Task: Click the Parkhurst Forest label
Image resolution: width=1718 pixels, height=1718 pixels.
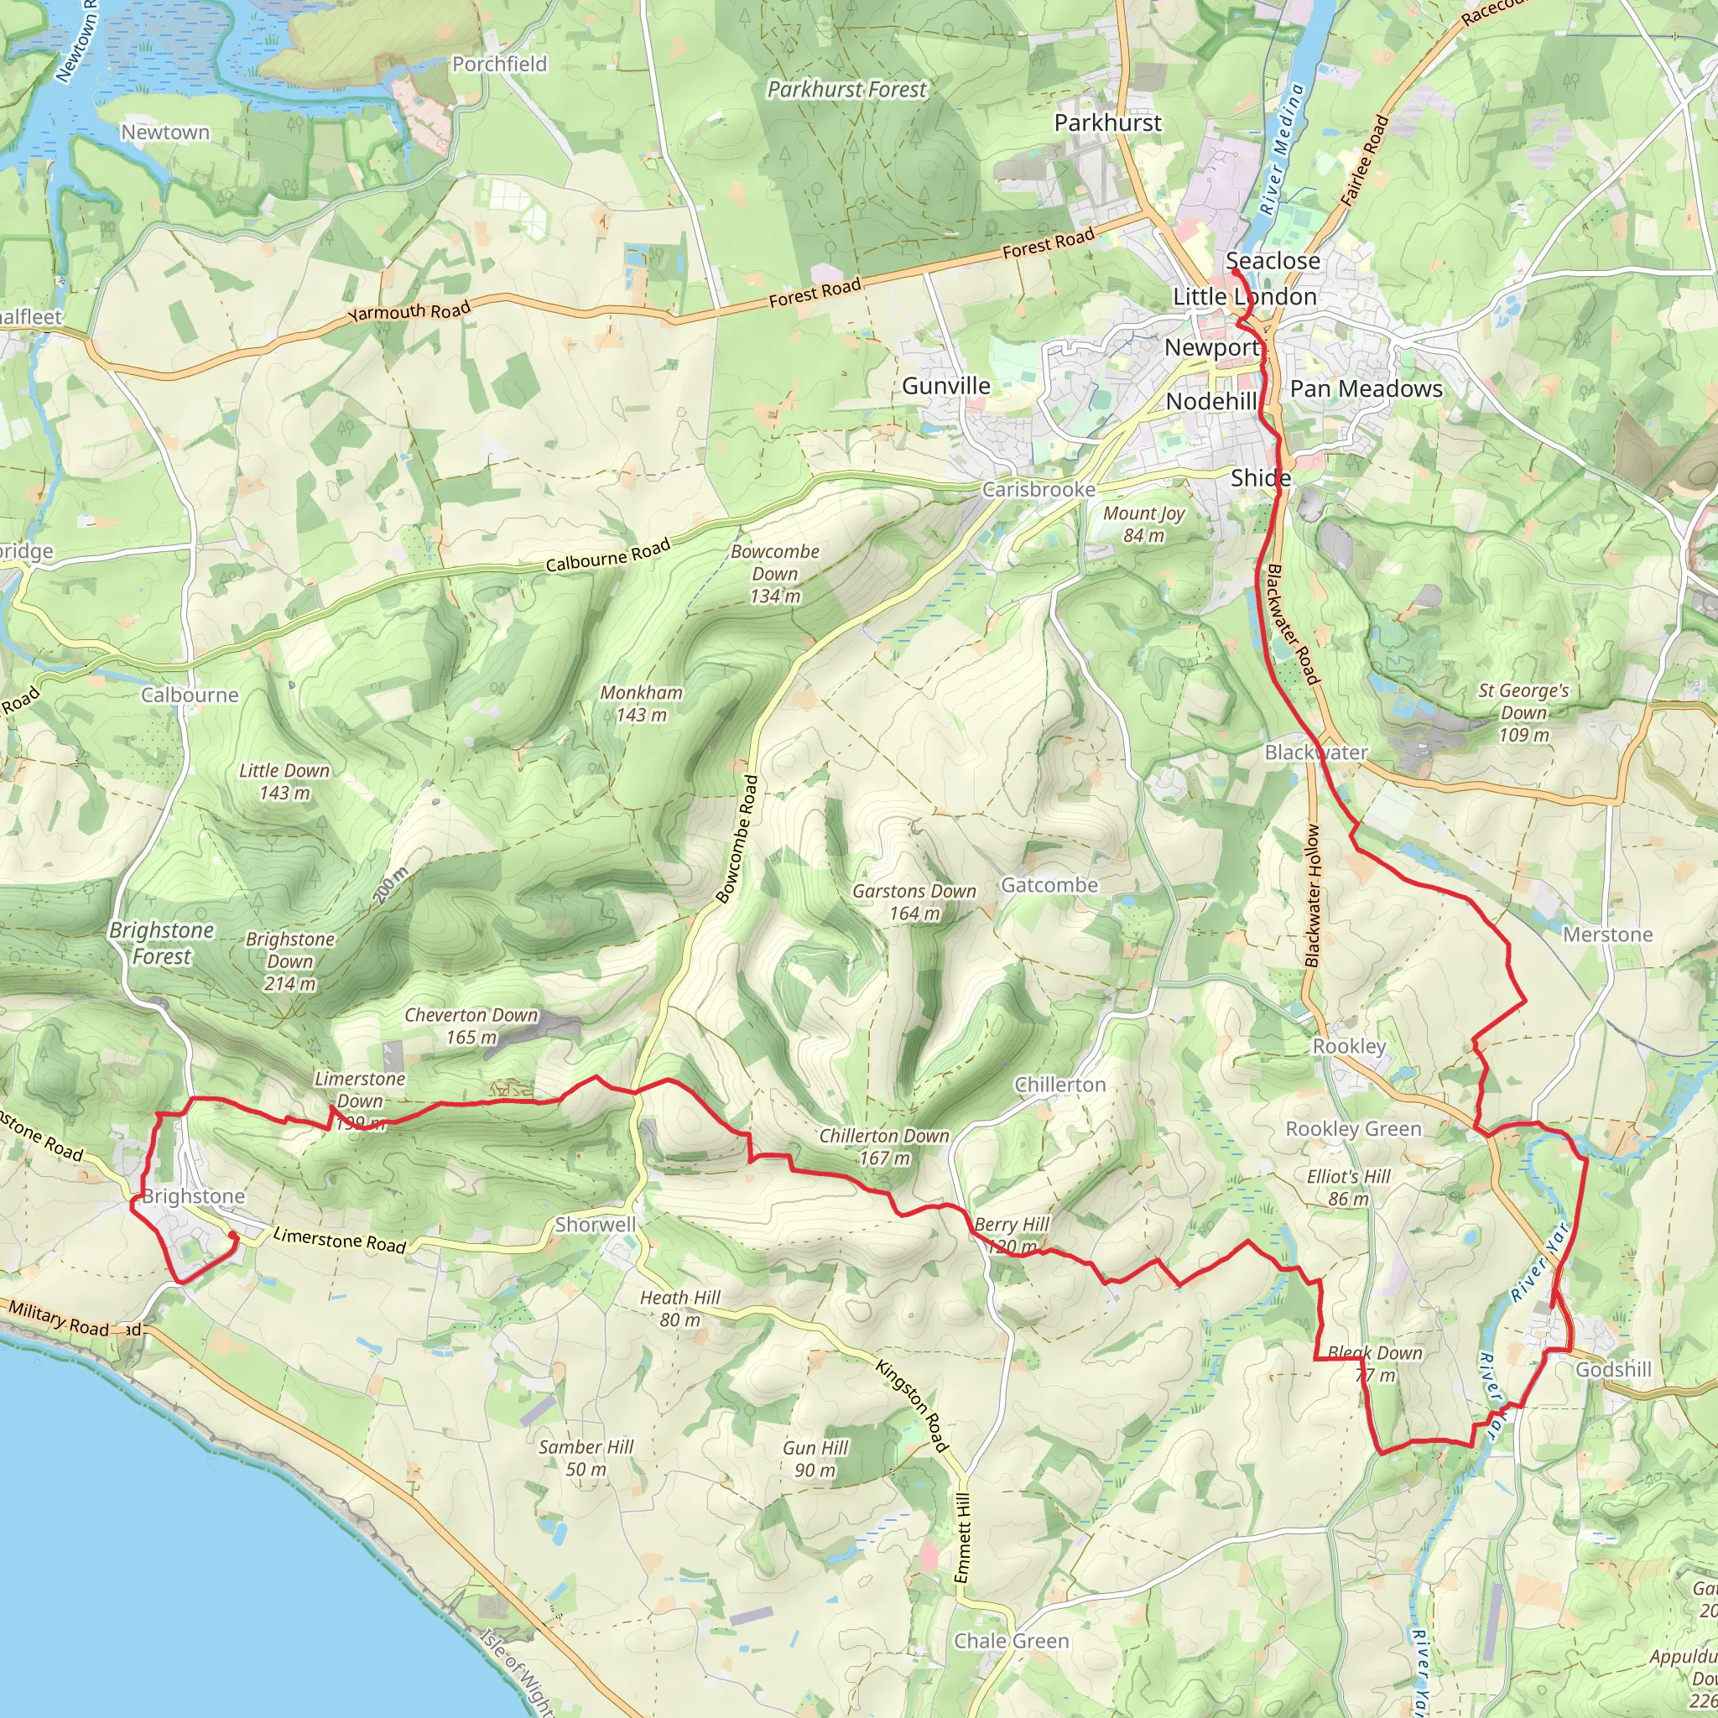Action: pos(846,90)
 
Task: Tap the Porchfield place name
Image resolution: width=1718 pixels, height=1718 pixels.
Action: pos(500,64)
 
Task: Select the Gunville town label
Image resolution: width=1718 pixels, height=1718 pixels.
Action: pos(945,386)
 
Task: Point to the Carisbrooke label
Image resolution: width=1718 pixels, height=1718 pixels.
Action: pos(1039,490)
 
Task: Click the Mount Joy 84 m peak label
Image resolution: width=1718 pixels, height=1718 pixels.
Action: pos(1143,524)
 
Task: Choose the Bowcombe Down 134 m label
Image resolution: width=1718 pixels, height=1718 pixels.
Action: pos(774,574)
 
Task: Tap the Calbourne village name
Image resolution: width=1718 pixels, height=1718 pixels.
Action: pos(190,695)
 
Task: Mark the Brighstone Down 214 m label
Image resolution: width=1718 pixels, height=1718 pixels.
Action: pos(290,961)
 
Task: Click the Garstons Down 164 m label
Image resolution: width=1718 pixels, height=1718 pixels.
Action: pos(914,902)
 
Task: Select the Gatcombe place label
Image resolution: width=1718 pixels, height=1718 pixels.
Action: pos(1049,885)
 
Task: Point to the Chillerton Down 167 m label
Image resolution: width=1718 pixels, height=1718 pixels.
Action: pos(884,1146)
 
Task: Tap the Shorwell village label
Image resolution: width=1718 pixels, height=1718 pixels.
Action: pos(595,1225)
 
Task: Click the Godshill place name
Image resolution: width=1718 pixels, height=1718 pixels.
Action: pos(1613,1369)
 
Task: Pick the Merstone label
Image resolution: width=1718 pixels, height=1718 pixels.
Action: pos(1608,934)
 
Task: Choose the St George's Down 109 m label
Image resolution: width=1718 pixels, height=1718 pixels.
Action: pos(1523,712)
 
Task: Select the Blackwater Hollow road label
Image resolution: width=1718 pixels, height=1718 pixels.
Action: pos(1314,895)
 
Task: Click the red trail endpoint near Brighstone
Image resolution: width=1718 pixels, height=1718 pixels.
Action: pos(232,1236)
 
